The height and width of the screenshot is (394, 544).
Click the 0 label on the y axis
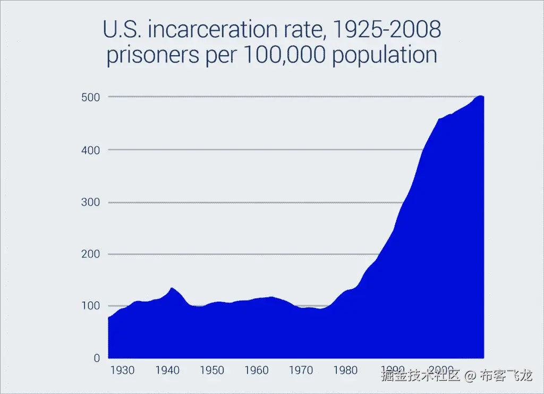pos(96,358)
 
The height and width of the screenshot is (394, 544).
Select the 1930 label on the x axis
pos(123,370)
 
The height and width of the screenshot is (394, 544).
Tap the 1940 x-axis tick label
pos(167,370)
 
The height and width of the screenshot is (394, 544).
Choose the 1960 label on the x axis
pos(257,370)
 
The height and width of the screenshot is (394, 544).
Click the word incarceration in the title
pos(229,30)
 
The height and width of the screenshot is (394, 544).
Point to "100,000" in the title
pos(284,56)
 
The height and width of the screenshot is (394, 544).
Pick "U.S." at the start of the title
pos(122,30)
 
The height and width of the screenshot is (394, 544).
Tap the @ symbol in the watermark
pos(469,376)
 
